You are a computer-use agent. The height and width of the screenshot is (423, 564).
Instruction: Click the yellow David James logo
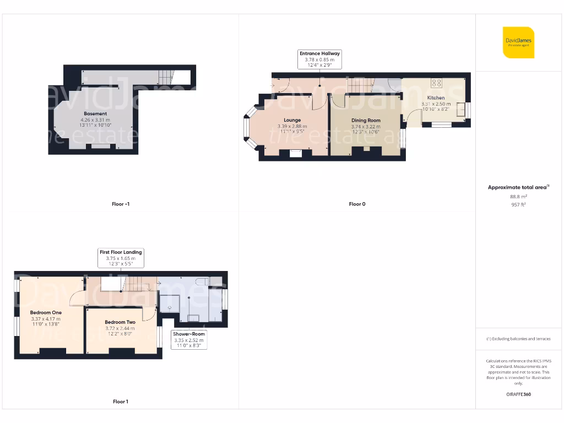click(x=518, y=42)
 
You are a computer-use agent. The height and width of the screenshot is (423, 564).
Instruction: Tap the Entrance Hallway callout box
click(x=319, y=59)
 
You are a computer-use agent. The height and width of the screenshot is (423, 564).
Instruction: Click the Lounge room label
click(x=292, y=120)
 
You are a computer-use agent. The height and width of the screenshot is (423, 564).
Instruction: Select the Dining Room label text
click(x=366, y=120)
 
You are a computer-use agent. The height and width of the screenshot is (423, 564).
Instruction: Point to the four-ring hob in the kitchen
click(x=437, y=83)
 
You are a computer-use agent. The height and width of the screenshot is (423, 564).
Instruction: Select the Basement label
click(x=95, y=113)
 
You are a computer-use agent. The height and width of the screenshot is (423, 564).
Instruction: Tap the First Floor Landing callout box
click(x=121, y=258)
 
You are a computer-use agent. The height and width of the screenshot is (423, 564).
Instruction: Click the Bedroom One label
click(x=46, y=312)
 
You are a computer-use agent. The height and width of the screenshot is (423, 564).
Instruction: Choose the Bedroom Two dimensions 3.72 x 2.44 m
click(x=120, y=328)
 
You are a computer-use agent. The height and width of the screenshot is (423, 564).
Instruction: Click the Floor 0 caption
click(x=357, y=204)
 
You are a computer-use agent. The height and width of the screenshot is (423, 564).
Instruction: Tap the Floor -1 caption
click(x=121, y=204)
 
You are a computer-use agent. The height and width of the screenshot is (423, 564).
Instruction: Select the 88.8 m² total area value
click(x=518, y=196)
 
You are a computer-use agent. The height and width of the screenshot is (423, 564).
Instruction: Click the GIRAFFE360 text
click(x=518, y=394)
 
